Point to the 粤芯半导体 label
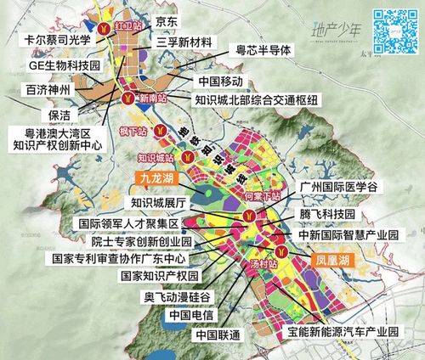point(263,50)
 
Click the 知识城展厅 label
point(165,202)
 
